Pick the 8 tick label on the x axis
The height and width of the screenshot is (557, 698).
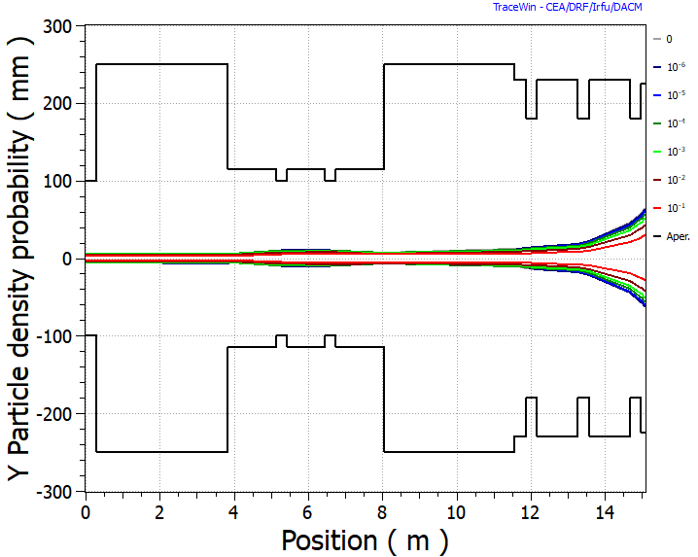(382, 511)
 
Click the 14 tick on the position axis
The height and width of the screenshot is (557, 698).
(604, 511)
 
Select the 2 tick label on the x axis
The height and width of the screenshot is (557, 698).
(159, 511)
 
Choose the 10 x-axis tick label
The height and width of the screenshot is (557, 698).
(456, 511)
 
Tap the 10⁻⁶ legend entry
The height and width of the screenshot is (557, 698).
(671, 67)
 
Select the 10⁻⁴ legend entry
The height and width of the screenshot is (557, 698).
(671, 123)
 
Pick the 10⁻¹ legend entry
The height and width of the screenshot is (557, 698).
(671, 208)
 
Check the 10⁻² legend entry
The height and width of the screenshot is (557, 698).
(671, 180)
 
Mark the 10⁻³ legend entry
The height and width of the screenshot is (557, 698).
(671, 152)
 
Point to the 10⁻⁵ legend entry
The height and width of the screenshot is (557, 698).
(671, 95)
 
